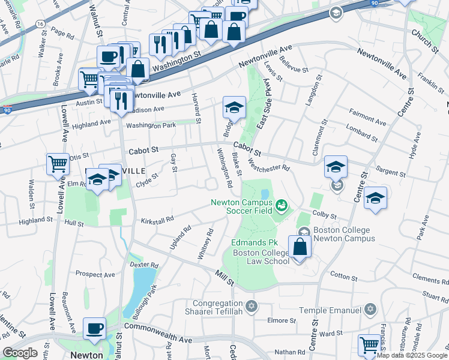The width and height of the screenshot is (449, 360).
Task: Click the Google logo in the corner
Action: pyautogui.click(x=20, y=353)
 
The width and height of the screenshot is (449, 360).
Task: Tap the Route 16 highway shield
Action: pyautogui.click(x=40, y=23)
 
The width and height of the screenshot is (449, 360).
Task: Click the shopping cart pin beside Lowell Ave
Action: pyautogui.click(x=58, y=163)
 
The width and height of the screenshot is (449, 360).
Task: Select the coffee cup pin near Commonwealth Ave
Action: pyautogui.click(x=94, y=328)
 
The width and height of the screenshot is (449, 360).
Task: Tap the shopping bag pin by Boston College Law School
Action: pyautogui.click(x=300, y=246)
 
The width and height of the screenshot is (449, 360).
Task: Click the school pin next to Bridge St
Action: pyautogui.click(x=234, y=107)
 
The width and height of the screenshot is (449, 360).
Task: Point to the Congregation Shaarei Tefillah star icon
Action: pyautogui.click(x=252, y=307)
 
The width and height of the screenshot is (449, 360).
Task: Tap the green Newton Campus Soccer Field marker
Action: pyautogui.click(x=281, y=207)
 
